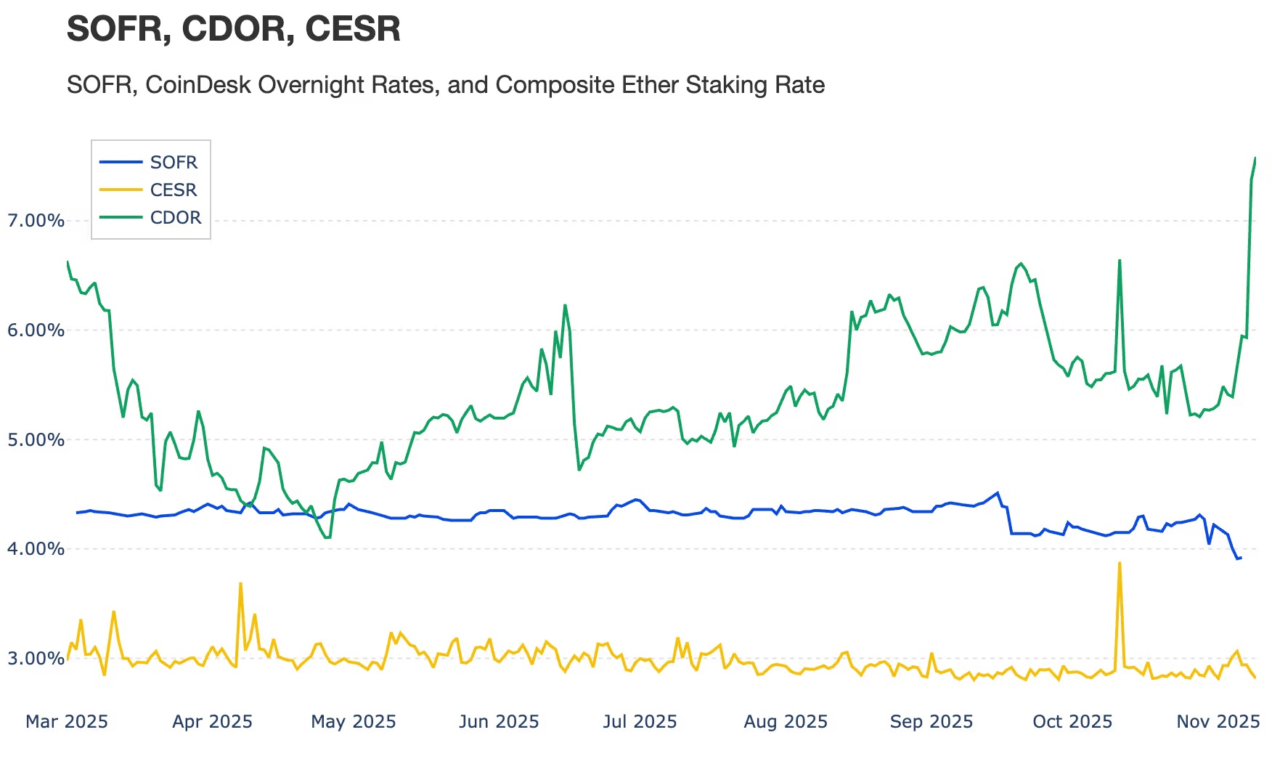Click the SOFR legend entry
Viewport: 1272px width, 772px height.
[173, 163]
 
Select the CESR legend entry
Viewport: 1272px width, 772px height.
[173, 190]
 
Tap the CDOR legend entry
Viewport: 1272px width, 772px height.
[175, 218]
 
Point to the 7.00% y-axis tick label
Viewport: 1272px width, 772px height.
[36, 221]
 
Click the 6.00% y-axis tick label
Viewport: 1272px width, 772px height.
[36, 330]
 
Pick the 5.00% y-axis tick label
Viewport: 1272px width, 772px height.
[36, 440]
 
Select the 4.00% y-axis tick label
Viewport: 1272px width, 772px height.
[36, 549]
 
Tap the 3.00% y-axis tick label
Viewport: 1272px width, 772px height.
[36, 659]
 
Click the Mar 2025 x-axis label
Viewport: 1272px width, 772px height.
[67, 722]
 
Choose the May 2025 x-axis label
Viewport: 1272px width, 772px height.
[354, 722]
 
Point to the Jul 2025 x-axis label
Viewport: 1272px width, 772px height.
[640, 722]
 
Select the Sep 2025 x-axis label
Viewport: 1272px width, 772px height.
[931, 722]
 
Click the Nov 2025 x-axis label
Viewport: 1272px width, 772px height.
[1218, 722]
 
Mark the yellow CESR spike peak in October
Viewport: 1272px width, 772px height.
[1120, 563]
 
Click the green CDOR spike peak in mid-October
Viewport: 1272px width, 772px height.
[1120, 260]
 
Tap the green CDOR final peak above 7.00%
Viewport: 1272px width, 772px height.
[1255, 158]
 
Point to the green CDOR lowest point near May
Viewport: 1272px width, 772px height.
[327, 537]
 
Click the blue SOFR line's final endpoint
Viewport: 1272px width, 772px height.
[1241, 558]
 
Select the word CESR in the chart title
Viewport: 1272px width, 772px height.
[353, 29]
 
